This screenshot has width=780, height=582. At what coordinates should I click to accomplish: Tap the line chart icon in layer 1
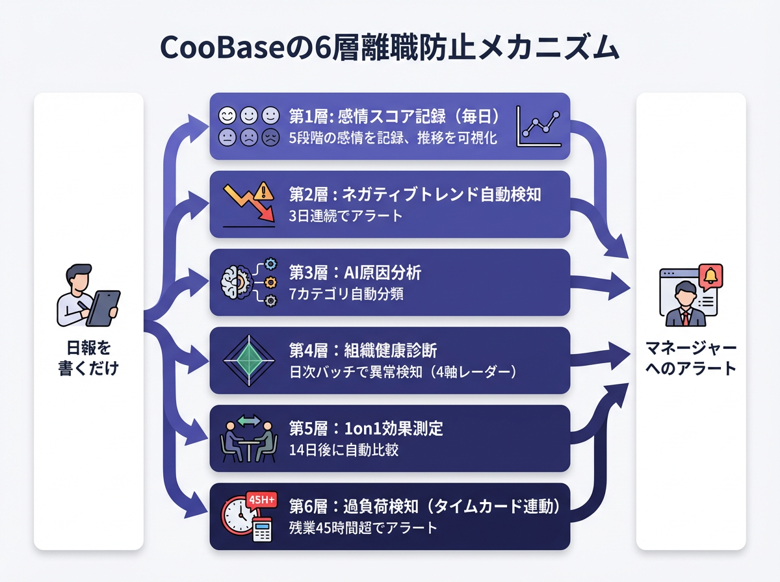click(x=539, y=126)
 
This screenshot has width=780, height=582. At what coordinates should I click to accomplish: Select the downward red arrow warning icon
click(x=248, y=204)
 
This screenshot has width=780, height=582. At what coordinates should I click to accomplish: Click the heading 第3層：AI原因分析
click(x=355, y=273)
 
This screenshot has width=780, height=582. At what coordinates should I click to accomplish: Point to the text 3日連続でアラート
click(x=346, y=216)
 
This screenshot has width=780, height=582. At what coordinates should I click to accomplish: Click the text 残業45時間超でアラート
click(x=363, y=527)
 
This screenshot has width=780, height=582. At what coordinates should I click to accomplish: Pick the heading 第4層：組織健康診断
click(x=363, y=351)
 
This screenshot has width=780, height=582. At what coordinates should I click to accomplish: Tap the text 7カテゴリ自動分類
click(x=346, y=294)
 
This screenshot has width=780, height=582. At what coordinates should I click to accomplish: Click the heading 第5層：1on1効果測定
click(x=366, y=429)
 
